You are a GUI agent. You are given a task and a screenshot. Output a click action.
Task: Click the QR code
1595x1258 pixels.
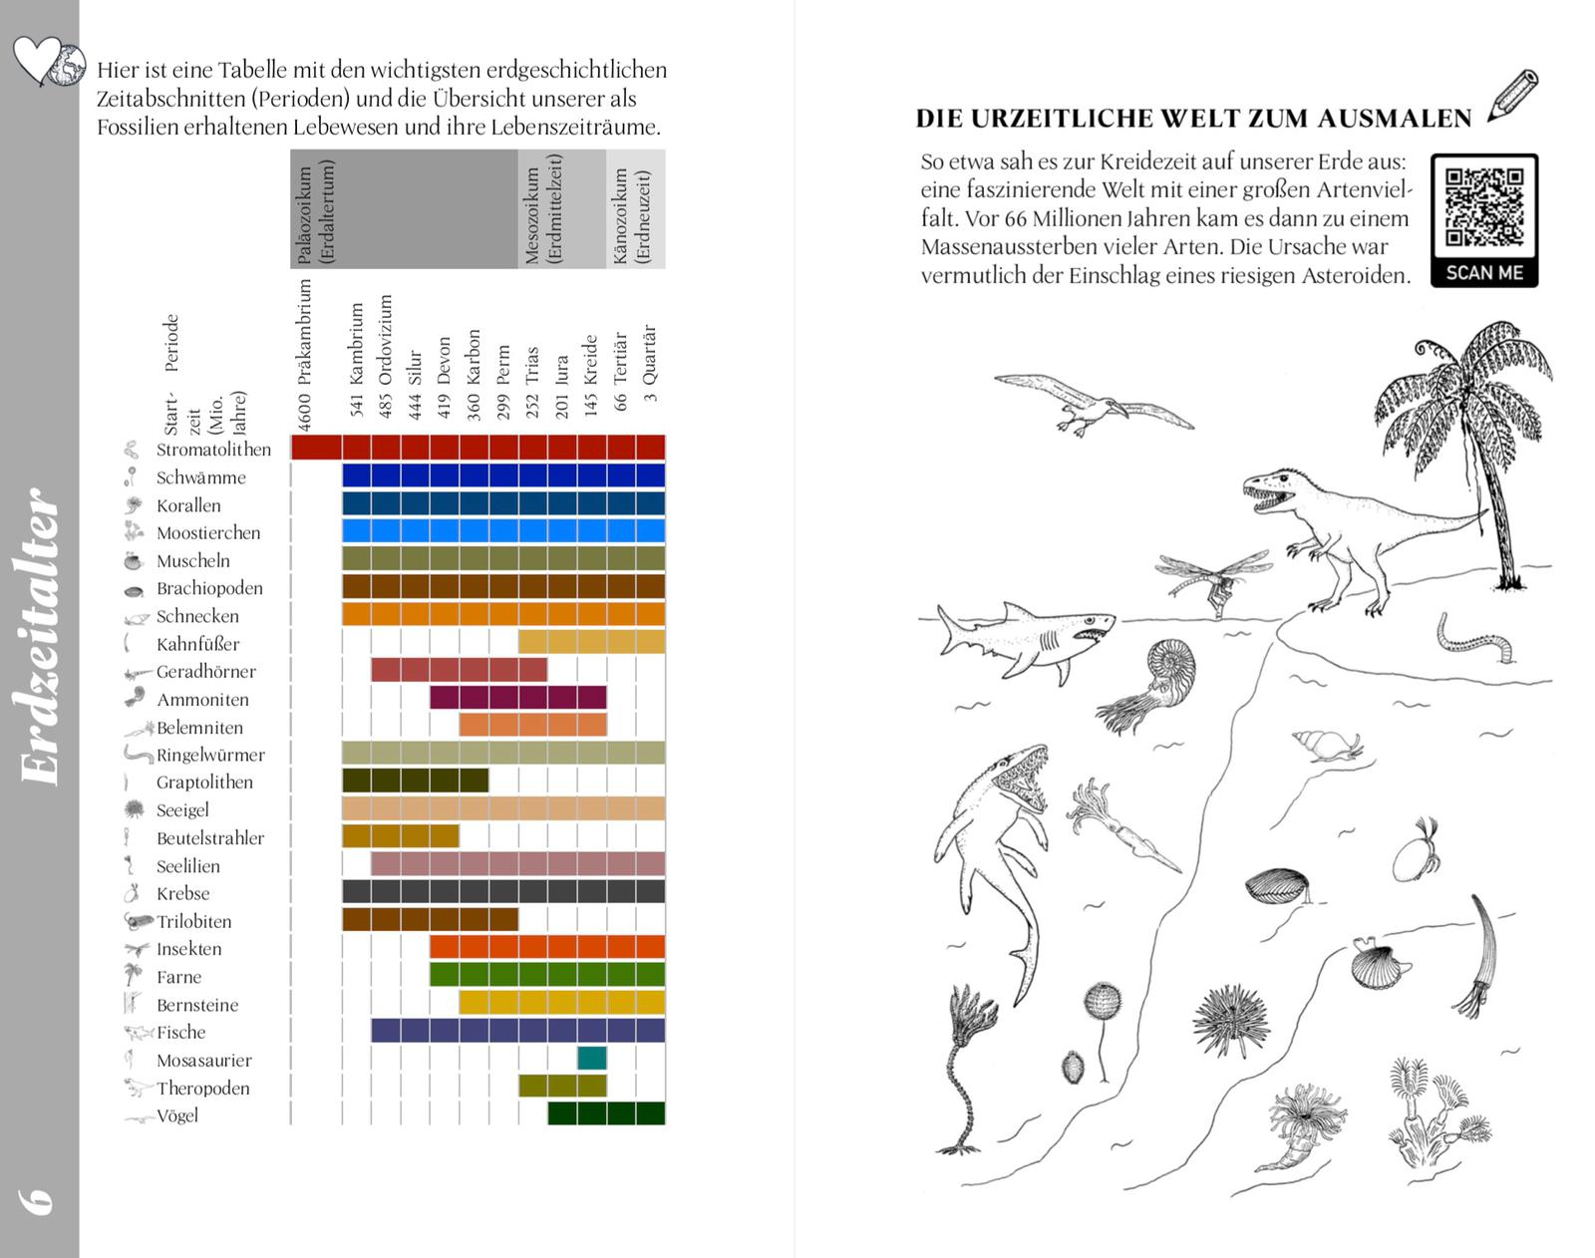(1483, 207)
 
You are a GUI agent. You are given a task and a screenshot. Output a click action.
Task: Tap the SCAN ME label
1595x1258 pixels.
(1483, 272)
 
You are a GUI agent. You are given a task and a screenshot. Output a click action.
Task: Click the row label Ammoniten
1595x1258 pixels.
(202, 700)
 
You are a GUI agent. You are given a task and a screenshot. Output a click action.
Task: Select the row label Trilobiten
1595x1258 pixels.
(193, 922)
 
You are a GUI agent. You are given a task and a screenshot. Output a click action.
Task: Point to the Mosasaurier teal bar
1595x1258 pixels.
(591, 1059)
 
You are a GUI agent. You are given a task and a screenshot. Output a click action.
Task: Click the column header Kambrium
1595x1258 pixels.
(356, 359)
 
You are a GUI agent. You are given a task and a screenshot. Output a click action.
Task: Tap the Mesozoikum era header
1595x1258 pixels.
(544, 209)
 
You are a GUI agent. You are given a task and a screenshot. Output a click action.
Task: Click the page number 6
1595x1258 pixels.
(38, 1199)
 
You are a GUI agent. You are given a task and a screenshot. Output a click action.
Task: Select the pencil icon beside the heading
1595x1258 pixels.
(1513, 96)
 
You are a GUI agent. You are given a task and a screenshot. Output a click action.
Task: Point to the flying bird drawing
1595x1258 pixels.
(1092, 402)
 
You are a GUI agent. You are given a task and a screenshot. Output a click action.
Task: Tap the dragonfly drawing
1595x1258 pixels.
(1211, 580)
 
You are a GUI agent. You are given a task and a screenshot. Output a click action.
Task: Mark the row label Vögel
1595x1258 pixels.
(177, 1116)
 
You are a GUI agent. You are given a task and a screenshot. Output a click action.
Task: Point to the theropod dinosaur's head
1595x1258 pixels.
(1271, 488)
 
